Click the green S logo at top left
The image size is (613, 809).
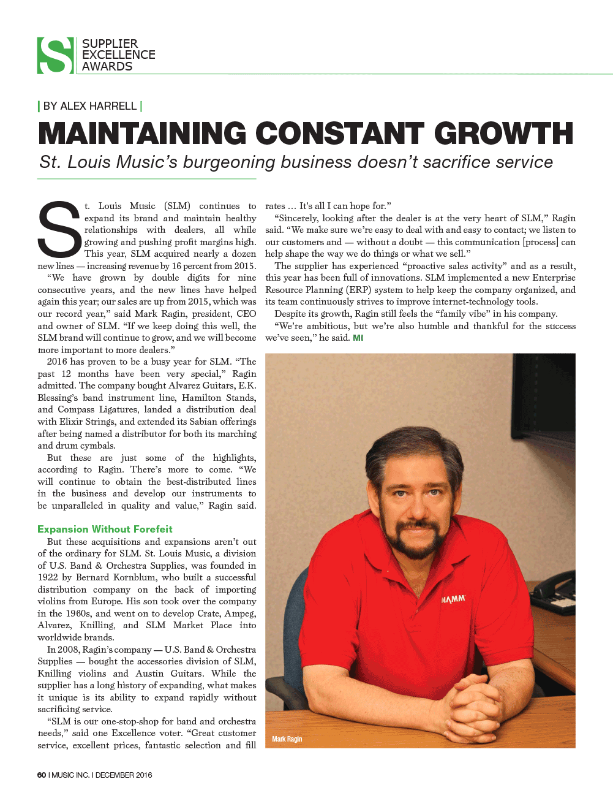pyautogui.click(x=56, y=56)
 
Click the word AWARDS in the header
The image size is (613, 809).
pyautogui.click(x=107, y=67)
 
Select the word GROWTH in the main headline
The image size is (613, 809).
pyautogui.click(x=503, y=134)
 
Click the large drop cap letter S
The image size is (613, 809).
pyautogui.click(x=59, y=230)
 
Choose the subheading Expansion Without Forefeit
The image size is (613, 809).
pyautogui.click(x=105, y=529)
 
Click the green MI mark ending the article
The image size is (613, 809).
pyautogui.click(x=358, y=338)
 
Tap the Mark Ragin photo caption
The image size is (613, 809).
pyautogui.click(x=287, y=739)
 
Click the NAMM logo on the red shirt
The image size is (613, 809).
pyautogui.click(x=453, y=599)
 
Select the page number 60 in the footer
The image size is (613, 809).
pyautogui.click(x=42, y=775)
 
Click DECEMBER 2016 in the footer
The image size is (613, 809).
pyautogui.click(x=124, y=775)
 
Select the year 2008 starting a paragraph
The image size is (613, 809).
pyautogui.click(x=68, y=650)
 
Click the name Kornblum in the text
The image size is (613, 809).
pyautogui.click(x=134, y=577)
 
